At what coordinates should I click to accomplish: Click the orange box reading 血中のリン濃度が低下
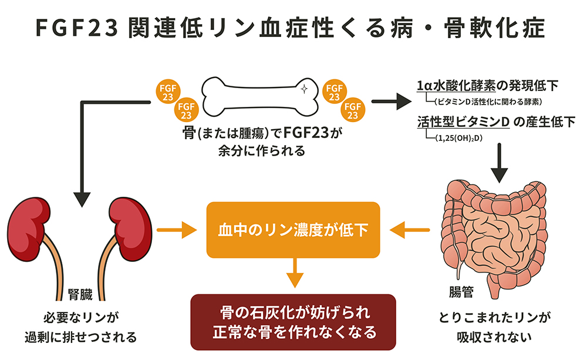pyautogui.click(x=293, y=230)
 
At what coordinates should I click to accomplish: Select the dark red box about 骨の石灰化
pyautogui.click(x=293, y=322)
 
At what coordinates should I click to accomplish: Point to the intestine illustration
pyautogui.click(x=497, y=235)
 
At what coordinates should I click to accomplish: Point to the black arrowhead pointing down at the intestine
pyautogui.click(x=498, y=173)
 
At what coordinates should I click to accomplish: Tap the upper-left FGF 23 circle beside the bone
pyautogui.click(x=166, y=91)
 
